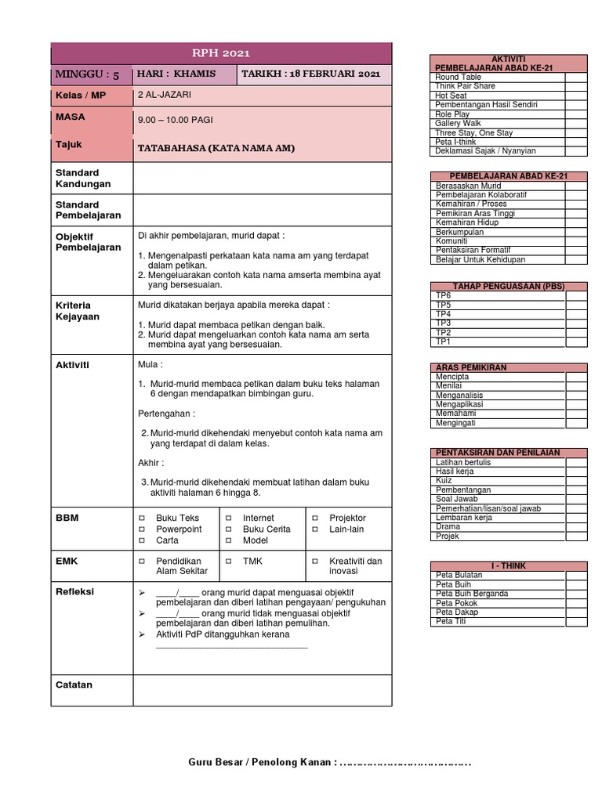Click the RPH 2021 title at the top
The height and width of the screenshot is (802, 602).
point(220,53)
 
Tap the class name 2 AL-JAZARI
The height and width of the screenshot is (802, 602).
point(164,95)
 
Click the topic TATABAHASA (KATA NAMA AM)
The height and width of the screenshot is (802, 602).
point(216,147)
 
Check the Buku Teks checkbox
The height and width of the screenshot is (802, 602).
point(143,518)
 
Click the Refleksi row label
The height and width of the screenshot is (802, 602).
point(74,592)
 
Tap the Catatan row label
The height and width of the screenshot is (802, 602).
point(74,685)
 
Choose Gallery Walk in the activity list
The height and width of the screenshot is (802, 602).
point(459,123)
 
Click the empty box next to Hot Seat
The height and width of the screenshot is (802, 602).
point(576,96)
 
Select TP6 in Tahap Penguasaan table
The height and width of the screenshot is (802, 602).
point(444,295)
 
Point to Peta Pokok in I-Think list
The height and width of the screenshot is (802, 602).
point(455,603)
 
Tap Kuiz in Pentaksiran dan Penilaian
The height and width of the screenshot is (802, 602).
point(444,480)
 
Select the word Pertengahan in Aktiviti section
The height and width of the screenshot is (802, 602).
point(165,414)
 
